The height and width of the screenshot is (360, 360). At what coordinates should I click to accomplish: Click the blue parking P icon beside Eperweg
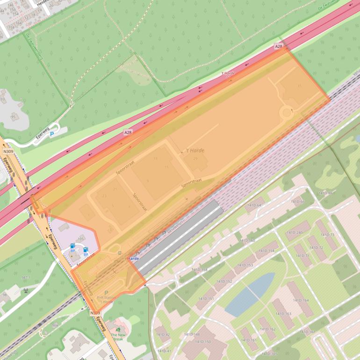coord(51,133)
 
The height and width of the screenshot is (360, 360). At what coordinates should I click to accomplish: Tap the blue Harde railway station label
coord(133,258)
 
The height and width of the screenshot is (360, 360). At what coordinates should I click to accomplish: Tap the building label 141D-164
coord(301,300)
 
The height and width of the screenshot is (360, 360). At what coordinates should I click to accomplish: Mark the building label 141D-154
coord(266,251)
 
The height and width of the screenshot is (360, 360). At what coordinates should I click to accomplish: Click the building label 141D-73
coord(327,235)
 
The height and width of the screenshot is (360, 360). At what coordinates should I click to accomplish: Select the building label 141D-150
coord(203,342)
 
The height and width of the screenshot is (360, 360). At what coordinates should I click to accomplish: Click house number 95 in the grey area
coord(13,116)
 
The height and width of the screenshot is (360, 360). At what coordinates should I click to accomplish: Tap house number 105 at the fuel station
coord(80,239)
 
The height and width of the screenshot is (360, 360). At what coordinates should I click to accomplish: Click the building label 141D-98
coord(325,193)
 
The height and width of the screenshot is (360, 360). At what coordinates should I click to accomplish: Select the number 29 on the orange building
coord(195,159)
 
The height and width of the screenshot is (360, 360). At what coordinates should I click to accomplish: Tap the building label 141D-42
coord(163,335)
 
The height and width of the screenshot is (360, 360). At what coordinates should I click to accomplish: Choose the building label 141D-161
coord(248,340)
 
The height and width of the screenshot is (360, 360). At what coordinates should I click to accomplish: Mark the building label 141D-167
coord(308,332)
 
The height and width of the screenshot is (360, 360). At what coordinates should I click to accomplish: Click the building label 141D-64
coord(254,205)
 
